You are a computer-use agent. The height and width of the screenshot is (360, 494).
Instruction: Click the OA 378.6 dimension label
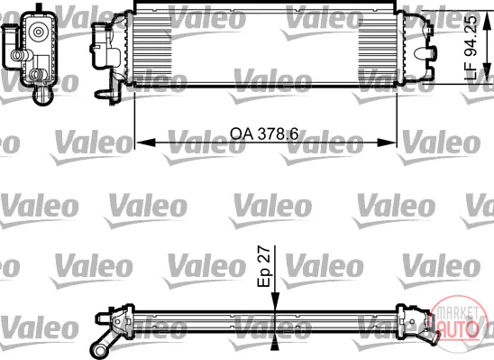point(264,134)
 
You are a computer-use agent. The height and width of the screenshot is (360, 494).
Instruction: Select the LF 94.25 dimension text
point(471,48)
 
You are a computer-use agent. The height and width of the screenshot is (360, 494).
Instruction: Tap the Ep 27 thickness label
point(264,267)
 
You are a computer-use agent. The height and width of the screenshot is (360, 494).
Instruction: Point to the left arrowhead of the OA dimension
point(146,143)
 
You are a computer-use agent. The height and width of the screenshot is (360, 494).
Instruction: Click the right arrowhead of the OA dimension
point(386,143)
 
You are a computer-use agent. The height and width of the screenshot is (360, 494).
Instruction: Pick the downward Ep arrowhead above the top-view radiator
point(275,302)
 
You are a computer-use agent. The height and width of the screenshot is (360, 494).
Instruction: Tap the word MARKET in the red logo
point(456,312)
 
